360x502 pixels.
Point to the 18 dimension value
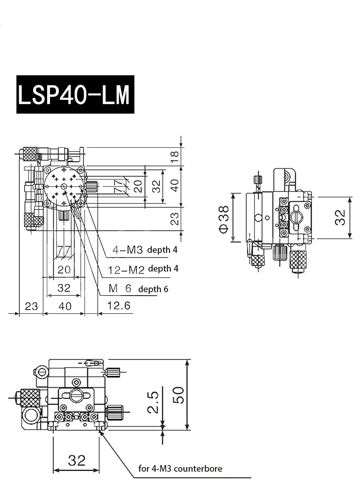[x=175, y=155]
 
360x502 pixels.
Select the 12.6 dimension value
[x=118, y=306]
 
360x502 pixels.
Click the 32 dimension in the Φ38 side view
[x=340, y=217]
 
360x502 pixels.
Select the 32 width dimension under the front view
[x=77, y=461]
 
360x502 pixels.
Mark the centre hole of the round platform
[x=63, y=187]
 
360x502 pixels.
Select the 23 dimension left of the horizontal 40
[x=31, y=306]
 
